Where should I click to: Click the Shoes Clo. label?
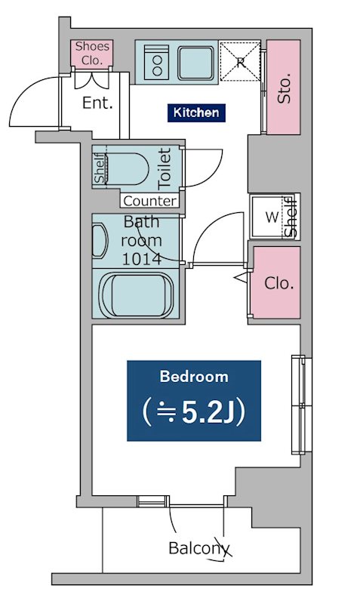pyautogui.click(x=92, y=53)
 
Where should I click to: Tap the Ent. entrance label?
pyautogui.click(x=98, y=103)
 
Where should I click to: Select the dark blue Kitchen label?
pyautogui.click(x=196, y=112)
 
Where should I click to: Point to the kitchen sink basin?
pyautogui.click(x=196, y=63)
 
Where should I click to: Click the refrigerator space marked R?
pyautogui.click(x=240, y=62)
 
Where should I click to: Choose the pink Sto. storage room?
pyautogui.click(x=284, y=88)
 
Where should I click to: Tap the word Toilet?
pyautogui.click(x=165, y=168)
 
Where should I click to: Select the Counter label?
pyautogui.click(x=149, y=201)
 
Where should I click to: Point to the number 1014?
pyautogui.click(x=141, y=259)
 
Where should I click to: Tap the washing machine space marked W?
pyautogui.click(x=272, y=217)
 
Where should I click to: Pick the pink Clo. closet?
pyautogui.click(x=277, y=282)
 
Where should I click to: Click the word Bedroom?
pyautogui.click(x=194, y=376)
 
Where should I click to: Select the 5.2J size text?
pyautogui.click(x=194, y=412)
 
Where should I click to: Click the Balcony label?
pyautogui.click(x=199, y=548)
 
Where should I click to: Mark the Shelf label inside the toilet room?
pyautogui.click(x=100, y=168)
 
